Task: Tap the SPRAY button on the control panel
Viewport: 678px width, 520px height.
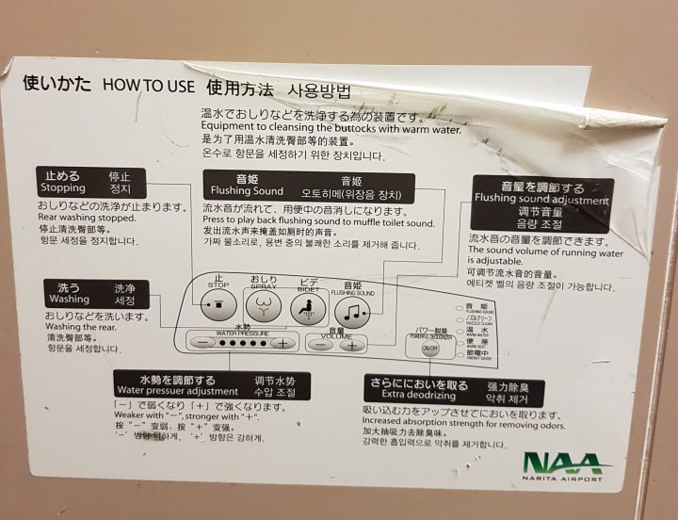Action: click(264, 306)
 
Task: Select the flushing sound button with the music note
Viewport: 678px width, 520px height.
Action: click(352, 311)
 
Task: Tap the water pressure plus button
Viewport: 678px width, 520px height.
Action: click(282, 343)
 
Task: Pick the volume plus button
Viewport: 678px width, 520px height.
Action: click(353, 345)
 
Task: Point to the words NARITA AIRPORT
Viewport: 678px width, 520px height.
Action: click(563, 479)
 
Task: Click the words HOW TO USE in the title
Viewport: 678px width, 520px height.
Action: click(148, 86)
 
